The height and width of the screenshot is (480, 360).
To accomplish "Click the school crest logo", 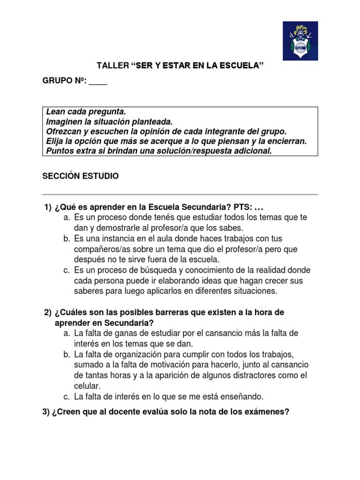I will (x=300, y=41).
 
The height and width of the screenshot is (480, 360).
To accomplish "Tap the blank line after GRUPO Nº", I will (x=98, y=81).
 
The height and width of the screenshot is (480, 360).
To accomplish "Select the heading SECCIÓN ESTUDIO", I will (x=81, y=176).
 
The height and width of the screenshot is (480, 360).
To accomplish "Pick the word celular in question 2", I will (x=88, y=386).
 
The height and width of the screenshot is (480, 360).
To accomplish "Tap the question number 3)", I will (x=47, y=412).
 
